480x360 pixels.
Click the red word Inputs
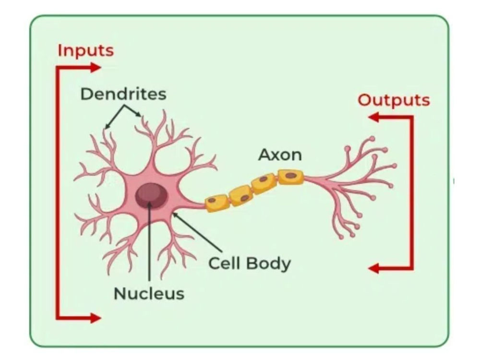(x=86, y=51)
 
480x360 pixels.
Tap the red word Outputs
(x=394, y=100)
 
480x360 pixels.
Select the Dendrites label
(x=123, y=94)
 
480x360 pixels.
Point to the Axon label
(x=280, y=155)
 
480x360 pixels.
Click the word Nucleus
(x=149, y=294)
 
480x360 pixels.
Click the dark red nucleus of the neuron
(x=152, y=196)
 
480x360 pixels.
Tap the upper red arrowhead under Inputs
(x=95, y=67)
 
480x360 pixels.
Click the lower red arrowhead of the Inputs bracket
(x=95, y=318)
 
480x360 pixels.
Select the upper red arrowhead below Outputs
(x=373, y=117)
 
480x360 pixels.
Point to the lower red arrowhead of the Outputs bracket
(x=373, y=269)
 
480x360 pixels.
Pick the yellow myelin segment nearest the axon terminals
(x=291, y=177)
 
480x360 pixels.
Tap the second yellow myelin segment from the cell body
(x=241, y=195)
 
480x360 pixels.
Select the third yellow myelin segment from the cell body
(x=264, y=183)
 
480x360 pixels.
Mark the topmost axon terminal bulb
(x=372, y=138)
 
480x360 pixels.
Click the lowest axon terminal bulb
(x=341, y=237)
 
